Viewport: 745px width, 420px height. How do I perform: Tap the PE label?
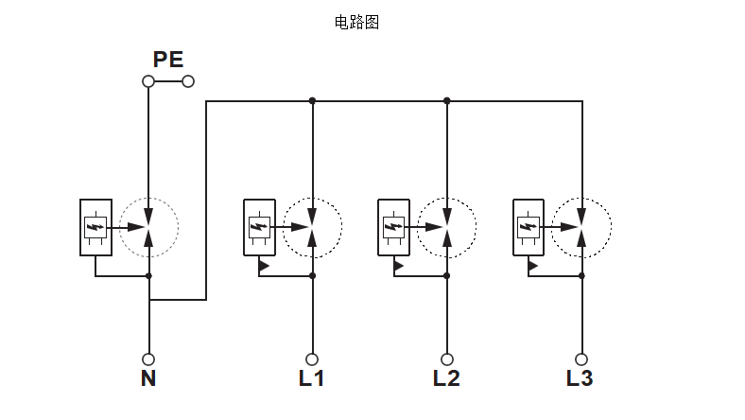point(168,60)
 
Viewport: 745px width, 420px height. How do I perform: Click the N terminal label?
point(148,379)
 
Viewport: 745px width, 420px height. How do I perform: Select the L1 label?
point(312,379)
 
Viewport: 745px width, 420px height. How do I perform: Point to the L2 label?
point(446,379)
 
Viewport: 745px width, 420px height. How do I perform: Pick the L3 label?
point(580,379)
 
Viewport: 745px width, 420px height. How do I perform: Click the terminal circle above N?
point(148,359)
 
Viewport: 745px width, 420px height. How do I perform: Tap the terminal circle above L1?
point(313,359)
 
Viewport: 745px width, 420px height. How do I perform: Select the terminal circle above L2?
point(447,359)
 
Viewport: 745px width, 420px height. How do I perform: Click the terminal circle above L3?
point(581,359)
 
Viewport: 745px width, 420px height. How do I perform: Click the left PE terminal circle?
point(148,81)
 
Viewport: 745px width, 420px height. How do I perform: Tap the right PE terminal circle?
point(188,81)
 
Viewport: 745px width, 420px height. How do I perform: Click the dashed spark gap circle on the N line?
point(148,227)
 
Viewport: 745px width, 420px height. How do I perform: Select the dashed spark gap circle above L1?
point(313,227)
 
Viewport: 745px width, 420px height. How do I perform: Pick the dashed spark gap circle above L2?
point(447,227)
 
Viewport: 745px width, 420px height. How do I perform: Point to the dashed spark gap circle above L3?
point(581,227)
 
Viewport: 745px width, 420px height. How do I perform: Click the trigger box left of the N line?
point(96,227)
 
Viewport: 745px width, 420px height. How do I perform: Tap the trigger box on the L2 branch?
point(393,227)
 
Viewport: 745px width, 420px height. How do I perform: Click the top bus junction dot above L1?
point(313,100)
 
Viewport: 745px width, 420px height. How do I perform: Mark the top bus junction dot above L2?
point(447,100)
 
